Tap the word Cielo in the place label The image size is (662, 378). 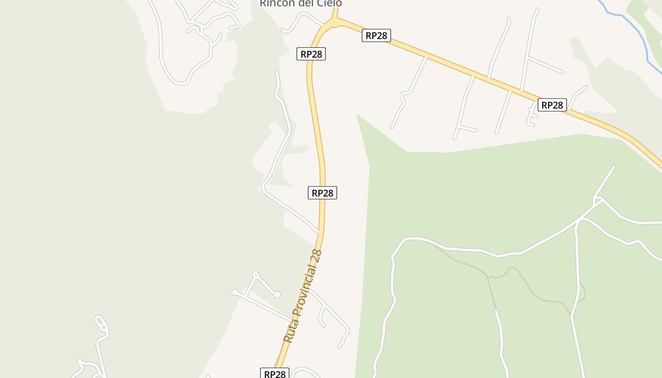[329, 3]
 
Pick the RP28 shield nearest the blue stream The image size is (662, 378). [552, 105]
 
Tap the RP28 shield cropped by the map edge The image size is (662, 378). [275, 373]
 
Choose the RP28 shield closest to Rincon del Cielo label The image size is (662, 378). [311, 54]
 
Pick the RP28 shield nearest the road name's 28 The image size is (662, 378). [322, 193]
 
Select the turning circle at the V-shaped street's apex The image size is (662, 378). [256, 275]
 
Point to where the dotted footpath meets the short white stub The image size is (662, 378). [496, 310]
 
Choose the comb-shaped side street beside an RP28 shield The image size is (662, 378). [531, 116]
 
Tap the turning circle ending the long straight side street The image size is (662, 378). [235, 292]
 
